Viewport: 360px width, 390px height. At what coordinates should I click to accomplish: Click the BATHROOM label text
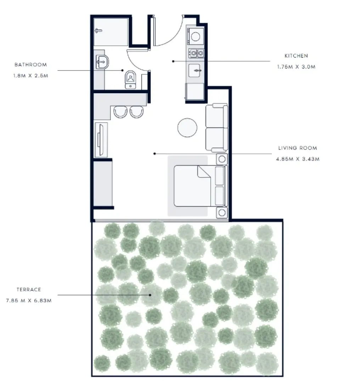[x=30, y=65]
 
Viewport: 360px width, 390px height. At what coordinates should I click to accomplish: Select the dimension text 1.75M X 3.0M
[x=296, y=67]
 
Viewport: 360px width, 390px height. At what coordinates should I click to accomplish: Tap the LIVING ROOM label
[x=298, y=148]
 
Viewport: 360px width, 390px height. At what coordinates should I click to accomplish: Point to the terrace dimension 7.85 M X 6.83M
[x=29, y=301]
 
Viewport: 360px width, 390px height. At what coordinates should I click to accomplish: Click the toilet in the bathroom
[x=130, y=79]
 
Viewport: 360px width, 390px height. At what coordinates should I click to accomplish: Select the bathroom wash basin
[x=101, y=62]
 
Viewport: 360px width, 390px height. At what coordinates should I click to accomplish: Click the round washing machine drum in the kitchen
[x=195, y=37]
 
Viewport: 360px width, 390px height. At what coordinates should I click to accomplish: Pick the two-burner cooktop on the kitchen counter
[x=196, y=54]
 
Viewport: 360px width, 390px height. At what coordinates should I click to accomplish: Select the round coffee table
[x=187, y=128]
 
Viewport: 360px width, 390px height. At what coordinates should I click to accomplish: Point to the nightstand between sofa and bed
[x=222, y=158]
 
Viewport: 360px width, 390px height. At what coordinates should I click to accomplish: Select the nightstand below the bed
[x=222, y=212]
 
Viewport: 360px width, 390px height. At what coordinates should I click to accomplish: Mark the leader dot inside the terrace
[x=150, y=295]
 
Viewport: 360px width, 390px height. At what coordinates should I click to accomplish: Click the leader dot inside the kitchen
[x=173, y=61]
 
